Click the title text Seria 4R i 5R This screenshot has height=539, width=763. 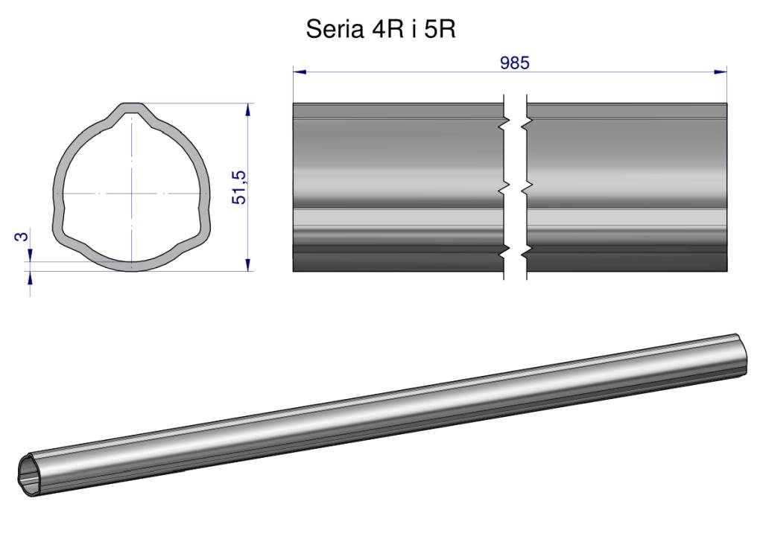pos(381,30)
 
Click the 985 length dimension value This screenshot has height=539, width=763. pos(514,63)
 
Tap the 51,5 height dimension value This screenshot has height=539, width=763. pos(240,188)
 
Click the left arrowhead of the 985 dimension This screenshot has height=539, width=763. pos(300,72)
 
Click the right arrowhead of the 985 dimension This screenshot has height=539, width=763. pos(721,72)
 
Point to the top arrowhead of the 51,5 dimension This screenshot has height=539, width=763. pos(248,109)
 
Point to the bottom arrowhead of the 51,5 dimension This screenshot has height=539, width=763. pos(248,264)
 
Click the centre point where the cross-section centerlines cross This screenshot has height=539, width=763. pos(131,194)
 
